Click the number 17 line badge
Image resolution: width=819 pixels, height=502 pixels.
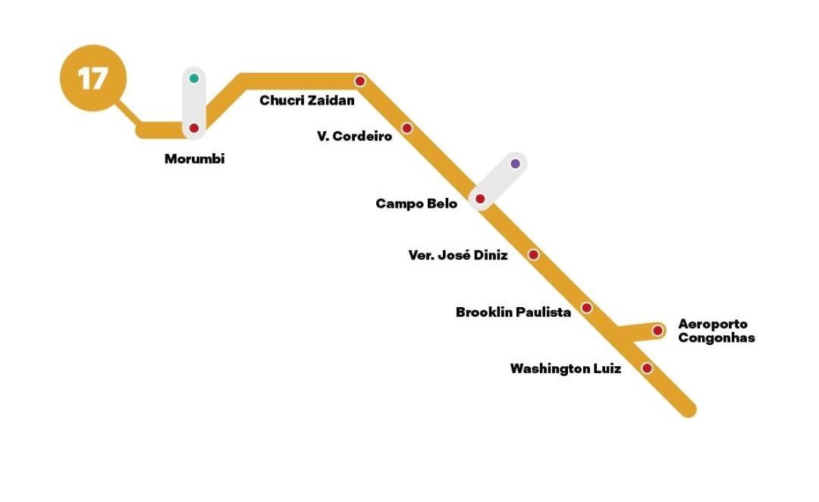tap(93, 78)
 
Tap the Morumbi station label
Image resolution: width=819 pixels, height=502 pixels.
tap(195, 159)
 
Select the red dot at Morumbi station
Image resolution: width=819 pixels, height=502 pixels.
tap(194, 128)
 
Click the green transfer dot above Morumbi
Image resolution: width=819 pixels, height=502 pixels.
tap(194, 78)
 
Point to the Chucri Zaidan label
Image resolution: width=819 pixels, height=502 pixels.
tap(307, 100)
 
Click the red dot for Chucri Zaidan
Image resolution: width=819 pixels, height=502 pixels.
tap(360, 80)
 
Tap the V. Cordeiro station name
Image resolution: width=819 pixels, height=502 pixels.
tap(355, 136)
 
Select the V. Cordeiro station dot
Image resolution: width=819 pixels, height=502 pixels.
tap(406, 128)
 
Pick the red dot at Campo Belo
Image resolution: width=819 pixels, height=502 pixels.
tap(480, 199)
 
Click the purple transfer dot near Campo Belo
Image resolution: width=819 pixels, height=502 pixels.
tap(516, 163)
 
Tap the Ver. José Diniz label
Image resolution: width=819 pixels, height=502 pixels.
tap(458, 256)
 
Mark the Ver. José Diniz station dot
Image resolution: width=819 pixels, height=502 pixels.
tap(533, 255)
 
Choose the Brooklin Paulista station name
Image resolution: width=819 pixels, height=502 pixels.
tap(513, 312)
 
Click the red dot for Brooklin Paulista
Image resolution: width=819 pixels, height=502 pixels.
tap(586, 308)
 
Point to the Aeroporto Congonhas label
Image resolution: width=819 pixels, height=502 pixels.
tap(716, 331)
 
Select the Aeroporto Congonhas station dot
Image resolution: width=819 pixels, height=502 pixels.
tap(657, 331)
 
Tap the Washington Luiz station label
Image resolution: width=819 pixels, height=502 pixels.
tap(565, 369)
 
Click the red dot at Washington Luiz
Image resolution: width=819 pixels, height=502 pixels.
tap(647, 368)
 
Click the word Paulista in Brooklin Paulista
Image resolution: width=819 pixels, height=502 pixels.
tap(543, 312)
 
